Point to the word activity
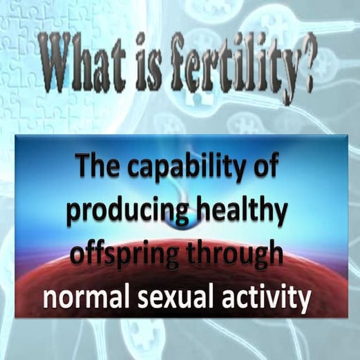pos(267,299)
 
